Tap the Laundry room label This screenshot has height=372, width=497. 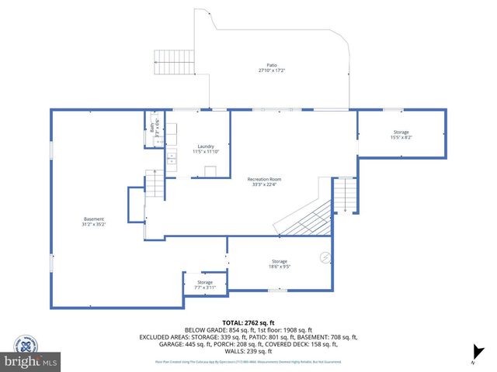click(x=205, y=146)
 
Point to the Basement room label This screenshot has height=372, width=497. click(x=94, y=219)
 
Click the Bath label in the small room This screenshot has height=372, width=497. click(x=152, y=128)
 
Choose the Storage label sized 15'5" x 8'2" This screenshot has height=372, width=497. click(x=401, y=133)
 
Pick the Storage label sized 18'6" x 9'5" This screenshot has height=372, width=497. click(x=280, y=261)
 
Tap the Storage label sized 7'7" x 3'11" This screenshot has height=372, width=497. click(x=204, y=282)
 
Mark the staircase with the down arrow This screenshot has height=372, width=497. click(x=344, y=197)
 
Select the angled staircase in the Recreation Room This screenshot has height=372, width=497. click(x=304, y=217)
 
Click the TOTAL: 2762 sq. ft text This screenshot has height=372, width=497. click(x=248, y=321)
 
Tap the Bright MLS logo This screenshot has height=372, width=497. click(x=31, y=360)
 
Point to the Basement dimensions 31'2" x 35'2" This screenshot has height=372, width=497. click(x=94, y=224)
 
